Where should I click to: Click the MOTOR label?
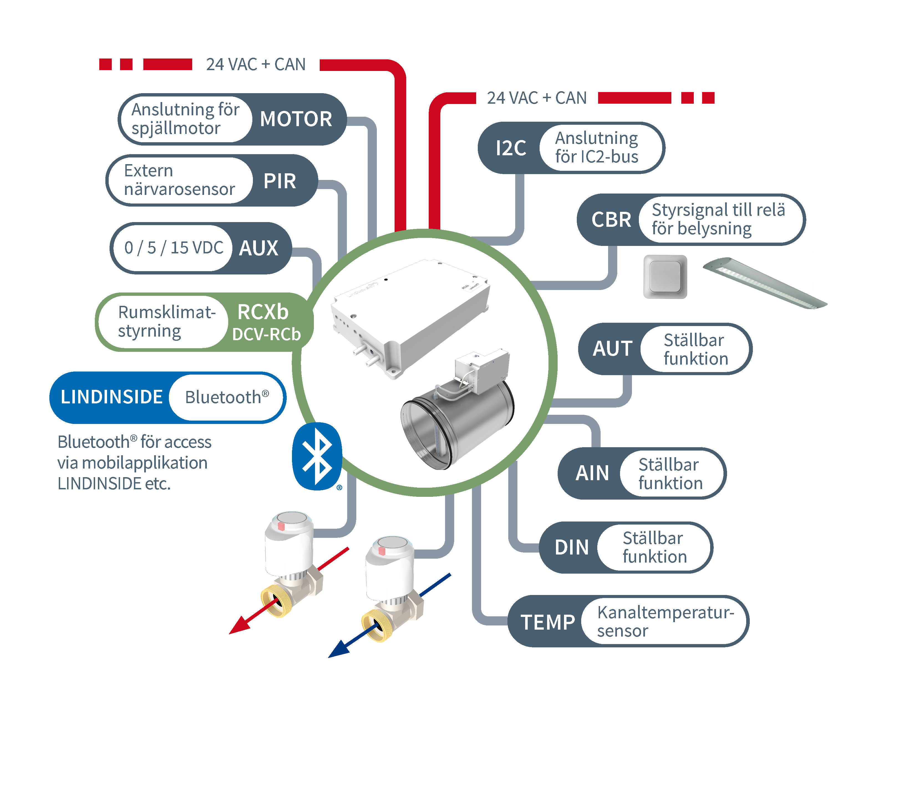pos(296,119)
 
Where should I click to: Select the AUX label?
pos(259,248)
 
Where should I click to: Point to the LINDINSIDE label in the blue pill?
pos(111,397)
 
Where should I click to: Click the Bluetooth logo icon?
pos(317,456)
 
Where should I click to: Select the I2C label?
pos(511,148)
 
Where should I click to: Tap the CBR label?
pos(611,220)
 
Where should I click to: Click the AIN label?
pos(592,473)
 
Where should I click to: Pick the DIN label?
pos(572,548)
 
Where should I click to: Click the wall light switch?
pos(665,277)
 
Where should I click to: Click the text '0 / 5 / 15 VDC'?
pos(174,248)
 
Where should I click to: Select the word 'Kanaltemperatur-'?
pos(665,612)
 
